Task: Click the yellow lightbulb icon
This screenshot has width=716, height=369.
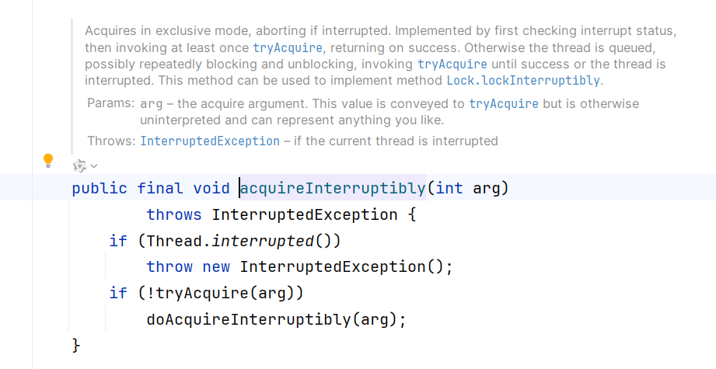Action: point(48,161)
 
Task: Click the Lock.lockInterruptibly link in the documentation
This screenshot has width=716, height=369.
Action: point(523,80)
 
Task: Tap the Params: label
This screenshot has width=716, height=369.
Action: point(110,103)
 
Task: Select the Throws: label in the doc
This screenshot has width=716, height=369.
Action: point(111,141)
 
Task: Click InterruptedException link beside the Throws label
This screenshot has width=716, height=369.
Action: point(210,141)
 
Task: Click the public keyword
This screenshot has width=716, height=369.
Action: point(100,188)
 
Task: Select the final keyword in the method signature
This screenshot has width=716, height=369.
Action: point(160,188)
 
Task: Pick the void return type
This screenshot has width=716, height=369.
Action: point(211,188)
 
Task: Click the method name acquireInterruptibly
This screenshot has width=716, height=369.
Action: point(333,188)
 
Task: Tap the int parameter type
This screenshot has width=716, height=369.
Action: point(449,188)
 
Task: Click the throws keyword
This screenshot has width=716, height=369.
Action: point(174,214)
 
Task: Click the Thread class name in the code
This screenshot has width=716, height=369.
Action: point(174,241)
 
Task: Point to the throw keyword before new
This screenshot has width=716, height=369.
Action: point(169,266)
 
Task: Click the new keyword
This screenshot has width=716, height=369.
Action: point(216,266)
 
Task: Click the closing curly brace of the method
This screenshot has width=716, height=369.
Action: point(76,344)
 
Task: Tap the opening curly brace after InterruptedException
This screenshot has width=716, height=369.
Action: point(412,214)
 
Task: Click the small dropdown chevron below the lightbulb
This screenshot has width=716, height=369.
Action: point(94,165)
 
